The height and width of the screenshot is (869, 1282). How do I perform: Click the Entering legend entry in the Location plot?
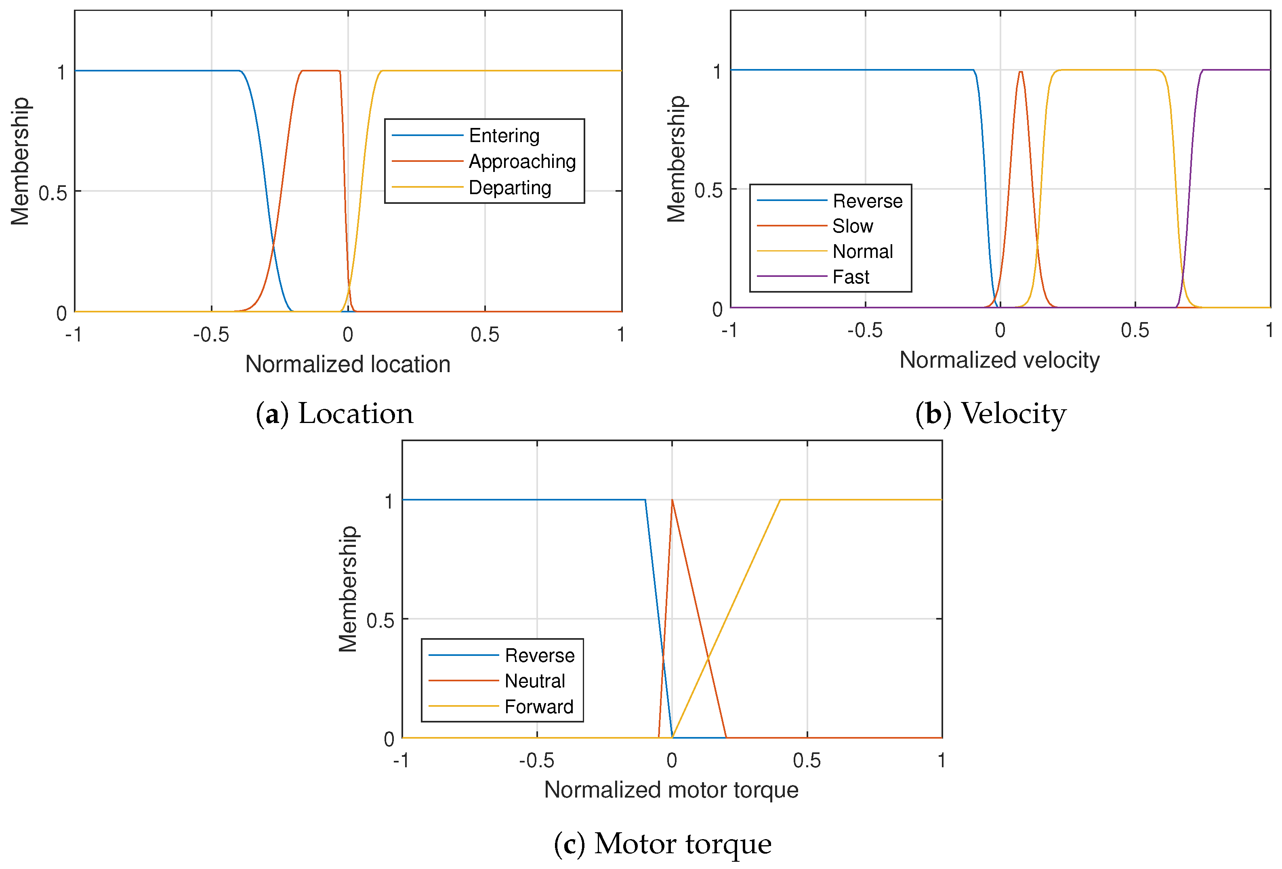[x=504, y=136]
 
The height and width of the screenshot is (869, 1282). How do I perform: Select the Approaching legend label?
[x=522, y=161]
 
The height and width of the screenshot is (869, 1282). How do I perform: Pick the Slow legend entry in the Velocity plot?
[x=852, y=226]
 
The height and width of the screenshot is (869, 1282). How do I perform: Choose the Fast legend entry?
[x=851, y=277]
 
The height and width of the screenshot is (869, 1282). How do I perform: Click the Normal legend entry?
[x=862, y=251]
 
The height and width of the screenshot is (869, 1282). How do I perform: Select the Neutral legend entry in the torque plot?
[x=534, y=681]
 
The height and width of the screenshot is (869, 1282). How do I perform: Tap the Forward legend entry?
[x=538, y=707]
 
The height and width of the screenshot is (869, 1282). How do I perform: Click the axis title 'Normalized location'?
[x=347, y=364]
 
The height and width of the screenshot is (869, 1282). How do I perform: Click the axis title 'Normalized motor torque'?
[x=671, y=789]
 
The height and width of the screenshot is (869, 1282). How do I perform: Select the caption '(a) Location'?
[x=334, y=414]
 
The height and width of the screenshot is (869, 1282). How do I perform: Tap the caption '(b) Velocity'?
[x=991, y=414]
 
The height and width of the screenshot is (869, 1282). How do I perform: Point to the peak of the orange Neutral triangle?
[x=672, y=500]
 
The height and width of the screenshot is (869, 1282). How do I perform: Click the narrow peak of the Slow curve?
[x=1021, y=72]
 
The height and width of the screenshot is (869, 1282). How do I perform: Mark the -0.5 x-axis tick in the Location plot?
[x=211, y=335]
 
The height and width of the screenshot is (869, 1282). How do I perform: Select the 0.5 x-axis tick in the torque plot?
[x=807, y=761]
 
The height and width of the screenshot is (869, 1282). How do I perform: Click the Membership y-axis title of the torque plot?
[x=348, y=589]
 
